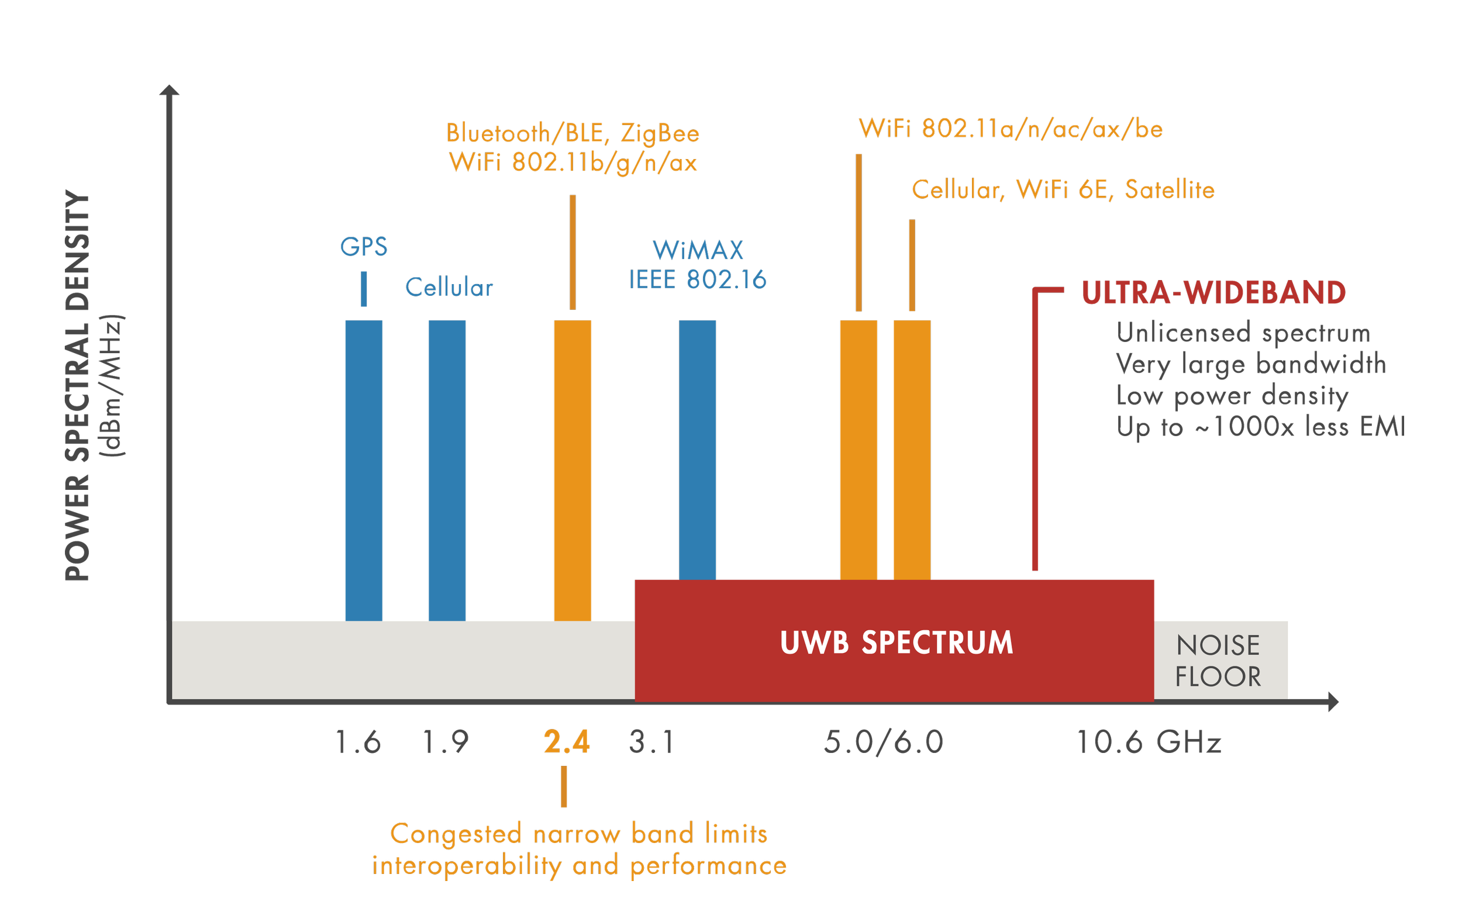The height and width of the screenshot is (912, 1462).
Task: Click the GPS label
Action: [364, 247]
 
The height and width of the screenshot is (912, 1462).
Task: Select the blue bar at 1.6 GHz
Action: [364, 471]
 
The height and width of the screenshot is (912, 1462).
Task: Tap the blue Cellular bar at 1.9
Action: [447, 471]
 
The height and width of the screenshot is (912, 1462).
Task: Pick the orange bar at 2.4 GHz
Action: [573, 471]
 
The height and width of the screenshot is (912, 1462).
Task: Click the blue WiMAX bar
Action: [698, 450]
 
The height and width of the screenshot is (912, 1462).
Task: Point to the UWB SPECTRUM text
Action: [896, 642]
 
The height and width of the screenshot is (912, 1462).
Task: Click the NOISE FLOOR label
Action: [1218, 661]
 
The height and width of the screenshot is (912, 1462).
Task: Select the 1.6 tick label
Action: [358, 742]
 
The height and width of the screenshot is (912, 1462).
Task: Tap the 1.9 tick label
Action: [446, 742]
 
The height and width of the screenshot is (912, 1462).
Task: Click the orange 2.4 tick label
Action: [567, 742]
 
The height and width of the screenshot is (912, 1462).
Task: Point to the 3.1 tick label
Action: [651, 742]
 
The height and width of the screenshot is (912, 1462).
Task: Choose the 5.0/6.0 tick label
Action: [884, 742]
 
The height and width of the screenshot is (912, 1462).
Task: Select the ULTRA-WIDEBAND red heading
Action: [1213, 292]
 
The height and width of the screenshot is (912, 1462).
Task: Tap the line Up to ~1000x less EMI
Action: [1261, 427]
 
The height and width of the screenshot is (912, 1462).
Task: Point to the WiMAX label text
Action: [698, 250]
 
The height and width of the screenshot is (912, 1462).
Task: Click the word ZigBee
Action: [660, 133]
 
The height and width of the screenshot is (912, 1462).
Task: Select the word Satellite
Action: [1170, 189]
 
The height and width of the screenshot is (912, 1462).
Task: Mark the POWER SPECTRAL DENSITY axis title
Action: [77, 386]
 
